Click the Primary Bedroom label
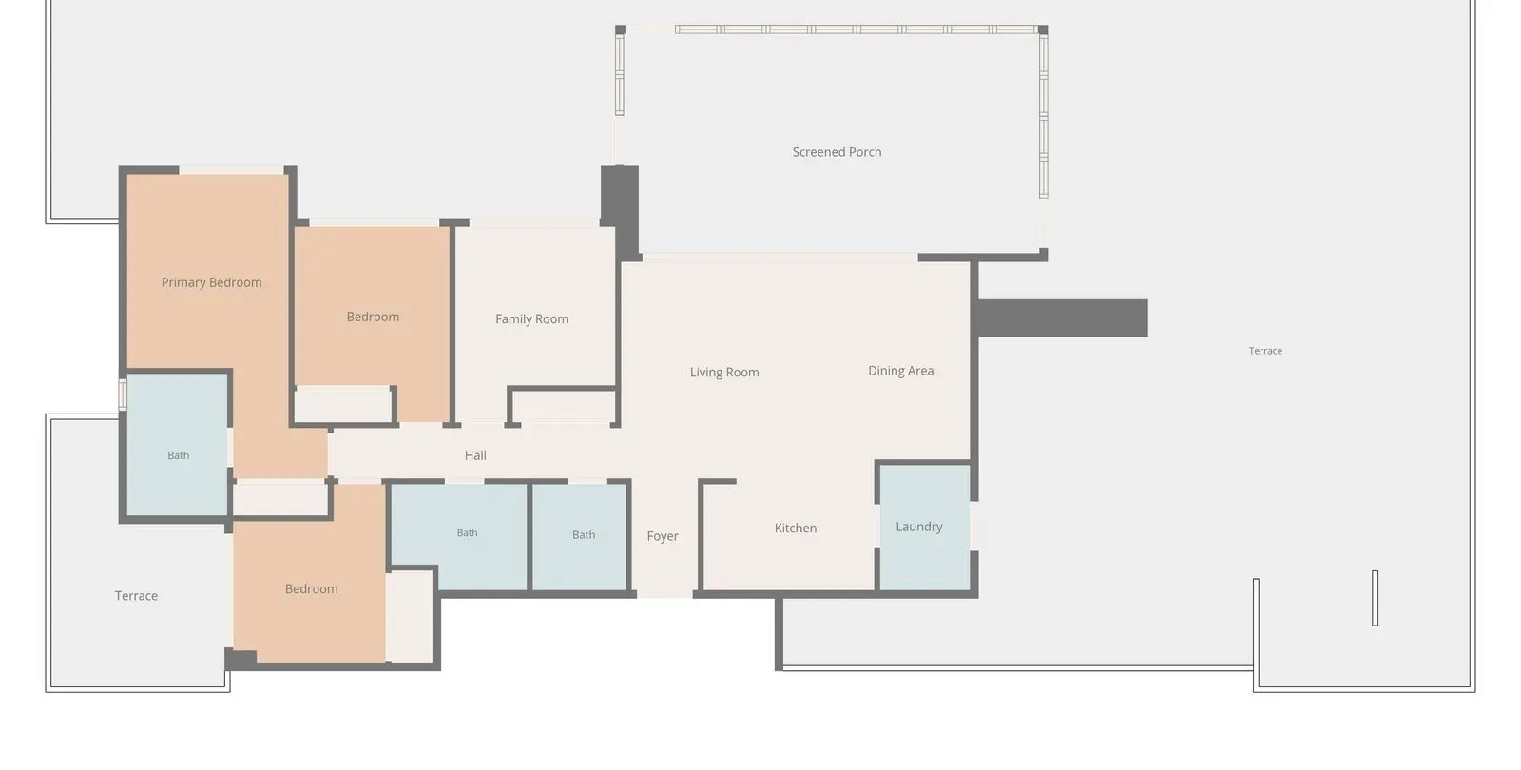point(211,282)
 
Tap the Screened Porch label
point(837,152)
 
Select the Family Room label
point(531,319)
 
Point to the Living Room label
point(724,372)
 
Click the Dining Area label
point(900,371)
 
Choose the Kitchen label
point(795,529)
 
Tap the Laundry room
point(925,527)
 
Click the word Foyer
point(662,536)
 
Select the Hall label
point(475,455)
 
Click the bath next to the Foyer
point(579,536)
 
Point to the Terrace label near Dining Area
point(1265,351)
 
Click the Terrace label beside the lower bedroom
point(136,596)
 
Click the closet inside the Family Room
point(564,407)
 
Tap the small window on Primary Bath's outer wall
point(123,395)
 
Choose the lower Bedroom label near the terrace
point(311,589)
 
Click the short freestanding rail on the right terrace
point(1375,598)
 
